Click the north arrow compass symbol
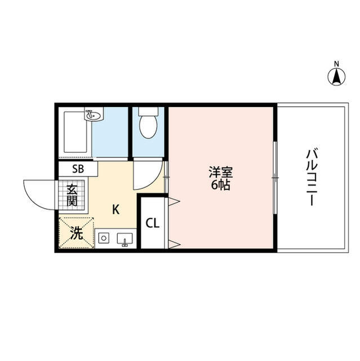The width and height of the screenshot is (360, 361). click(x=336, y=77)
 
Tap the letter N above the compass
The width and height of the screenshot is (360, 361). click(x=336, y=63)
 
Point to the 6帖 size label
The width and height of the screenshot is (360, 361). click(x=221, y=184)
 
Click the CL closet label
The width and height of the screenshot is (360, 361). click(x=153, y=222)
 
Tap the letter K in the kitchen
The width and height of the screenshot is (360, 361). click(x=115, y=210)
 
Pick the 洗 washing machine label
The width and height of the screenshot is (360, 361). click(x=75, y=232)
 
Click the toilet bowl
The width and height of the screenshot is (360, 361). click(x=148, y=125)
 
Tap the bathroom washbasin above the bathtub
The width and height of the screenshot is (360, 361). click(x=94, y=116)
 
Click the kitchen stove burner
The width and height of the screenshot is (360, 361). click(x=103, y=239)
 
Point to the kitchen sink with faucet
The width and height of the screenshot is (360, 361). click(x=125, y=240)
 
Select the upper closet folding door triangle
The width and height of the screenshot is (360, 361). click(x=174, y=200)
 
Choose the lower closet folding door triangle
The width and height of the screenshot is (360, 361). click(x=174, y=244)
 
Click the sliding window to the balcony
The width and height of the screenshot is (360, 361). click(x=274, y=177)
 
